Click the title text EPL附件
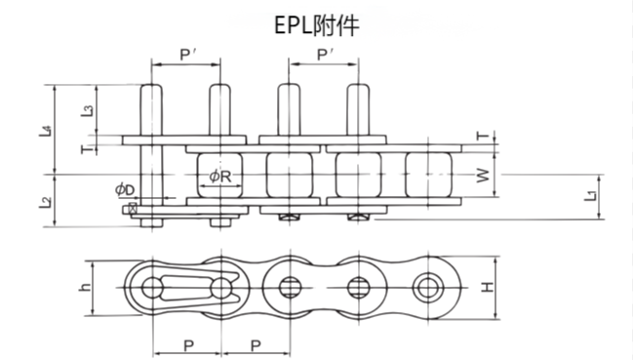316,25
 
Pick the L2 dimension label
46,203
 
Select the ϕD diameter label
123,187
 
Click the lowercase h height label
85,288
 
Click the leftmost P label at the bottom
187,344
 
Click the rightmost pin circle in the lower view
427,288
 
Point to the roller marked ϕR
220,176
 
